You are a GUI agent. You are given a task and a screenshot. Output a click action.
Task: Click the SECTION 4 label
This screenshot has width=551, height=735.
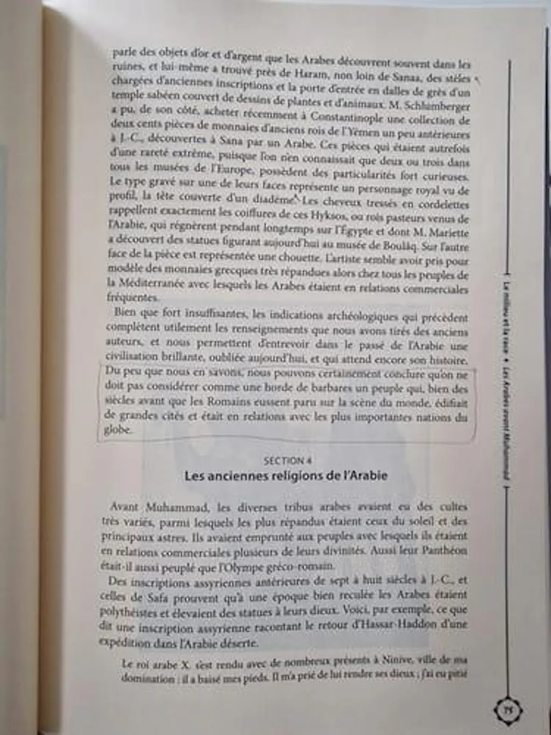pyautogui.click(x=288, y=460)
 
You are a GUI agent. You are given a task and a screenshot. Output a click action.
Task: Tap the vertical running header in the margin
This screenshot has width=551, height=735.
pyautogui.click(x=506, y=382)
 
